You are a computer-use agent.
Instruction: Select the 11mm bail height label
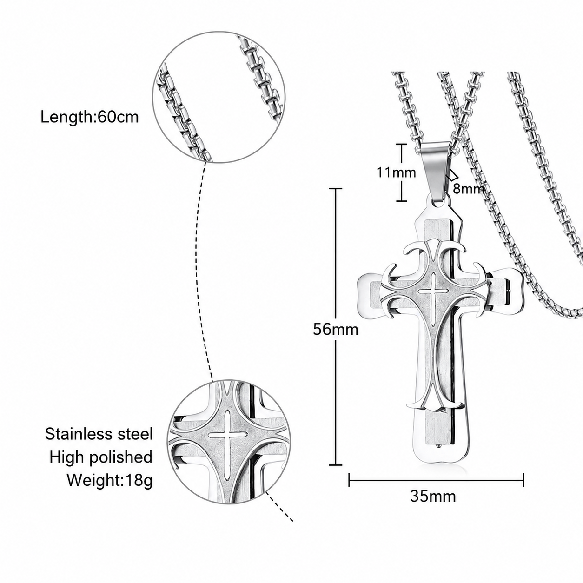(x=396, y=173)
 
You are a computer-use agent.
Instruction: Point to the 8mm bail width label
(x=469, y=189)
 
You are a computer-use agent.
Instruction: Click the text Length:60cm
(x=90, y=117)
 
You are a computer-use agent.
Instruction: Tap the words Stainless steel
(x=99, y=434)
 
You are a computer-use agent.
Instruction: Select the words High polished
(x=101, y=457)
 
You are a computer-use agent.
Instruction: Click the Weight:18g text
(x=110, y=480)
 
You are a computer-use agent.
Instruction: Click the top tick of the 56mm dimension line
(x=336, y=188)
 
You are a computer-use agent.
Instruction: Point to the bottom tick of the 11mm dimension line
(x=402, y=201)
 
